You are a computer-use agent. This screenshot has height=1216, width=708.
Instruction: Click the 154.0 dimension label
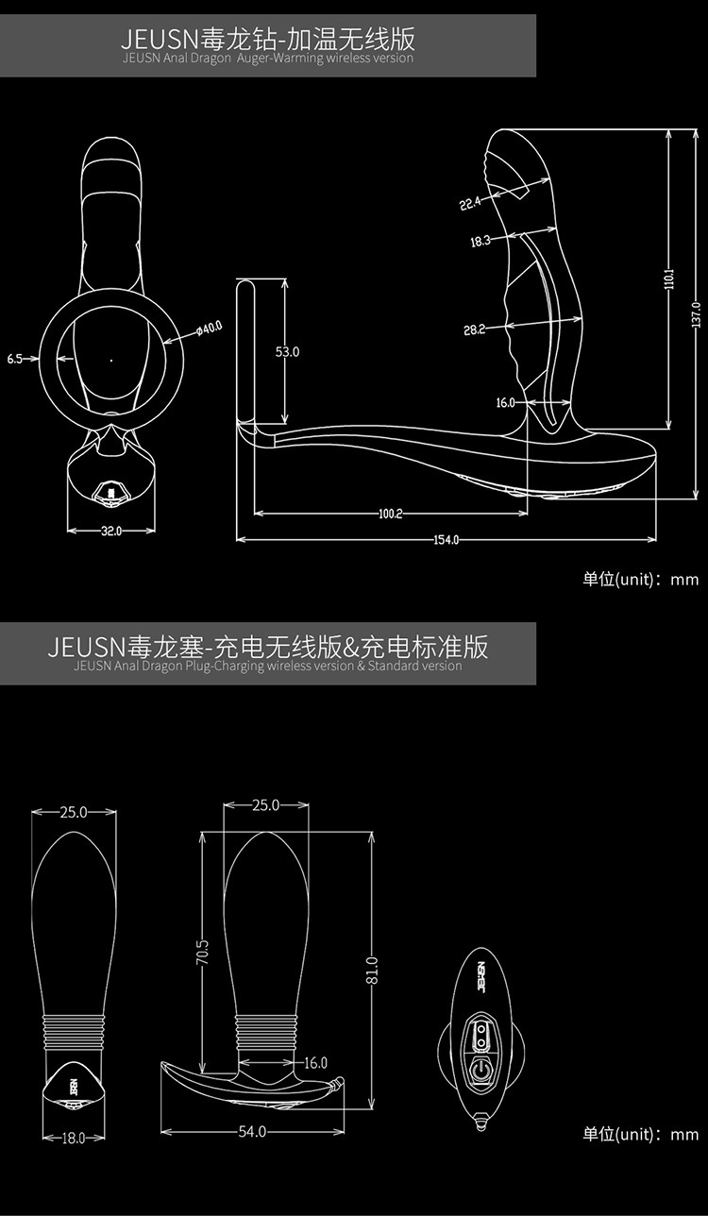pyautogui.click(x=446, y=540)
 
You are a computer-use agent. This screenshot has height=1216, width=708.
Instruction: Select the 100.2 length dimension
pyautogui.click(x=390, y=515)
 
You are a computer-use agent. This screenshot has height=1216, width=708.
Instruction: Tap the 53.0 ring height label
pyautogui.click(x=287, y=352)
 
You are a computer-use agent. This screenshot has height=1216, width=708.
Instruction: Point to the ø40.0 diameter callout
pyautogui.click(x=209, y=328)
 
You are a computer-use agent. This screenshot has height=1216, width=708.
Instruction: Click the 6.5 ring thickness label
pyautogui.click(x=15, y=359)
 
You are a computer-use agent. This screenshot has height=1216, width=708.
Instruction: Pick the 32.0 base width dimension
pyautogui.click(x=111, y=531)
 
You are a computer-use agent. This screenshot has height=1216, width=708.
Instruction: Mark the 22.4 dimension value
pyautogui.click(x=470, y=203)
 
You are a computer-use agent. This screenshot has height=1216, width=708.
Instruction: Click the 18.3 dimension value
pyautogui.click(x=480, y=242)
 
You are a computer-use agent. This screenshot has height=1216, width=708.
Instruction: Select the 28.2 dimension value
pyautogui.click(x=474, y=329)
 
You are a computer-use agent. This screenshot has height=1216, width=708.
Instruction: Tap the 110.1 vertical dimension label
pyautogui.click(x=668, y=279)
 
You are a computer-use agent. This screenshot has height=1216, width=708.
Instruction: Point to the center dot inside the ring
pyautogui.click(x=111, y=360)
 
